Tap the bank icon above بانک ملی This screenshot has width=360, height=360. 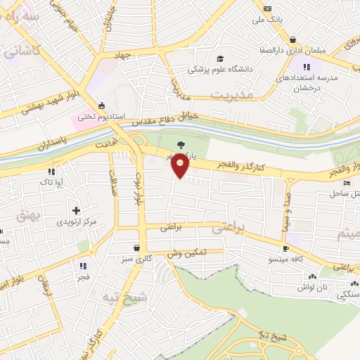click(267, 8)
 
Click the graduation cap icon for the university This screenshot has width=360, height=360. click(220, 58)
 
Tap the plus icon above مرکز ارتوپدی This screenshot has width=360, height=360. click(77, 210)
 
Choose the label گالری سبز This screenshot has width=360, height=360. click(137, 259)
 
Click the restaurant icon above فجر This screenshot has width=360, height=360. click(82, 266)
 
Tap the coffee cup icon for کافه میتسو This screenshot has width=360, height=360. click(285, 249)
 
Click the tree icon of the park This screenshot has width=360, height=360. click(181, 145)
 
